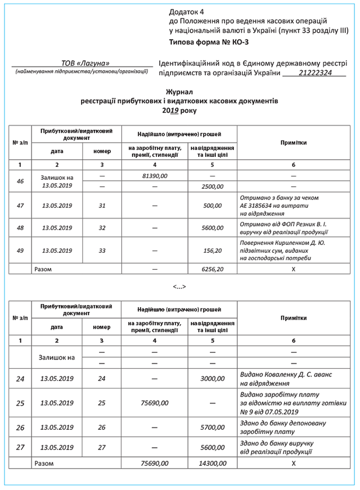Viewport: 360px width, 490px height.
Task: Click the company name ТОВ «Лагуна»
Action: [x=85, y=63]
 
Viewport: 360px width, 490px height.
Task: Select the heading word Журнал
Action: [x=180, y=91]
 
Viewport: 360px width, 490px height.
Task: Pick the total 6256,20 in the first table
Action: [x=211, y=269]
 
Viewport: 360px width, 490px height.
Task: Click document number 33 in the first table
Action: [x=102, y=251]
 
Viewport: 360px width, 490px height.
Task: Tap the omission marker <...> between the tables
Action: [x=179, y=287]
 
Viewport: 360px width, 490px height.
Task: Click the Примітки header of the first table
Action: [x=294, y=143]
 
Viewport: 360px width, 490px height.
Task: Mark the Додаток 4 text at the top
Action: [x=187, y=11]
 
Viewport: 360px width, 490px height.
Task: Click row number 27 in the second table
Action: [x=20, y=447]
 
